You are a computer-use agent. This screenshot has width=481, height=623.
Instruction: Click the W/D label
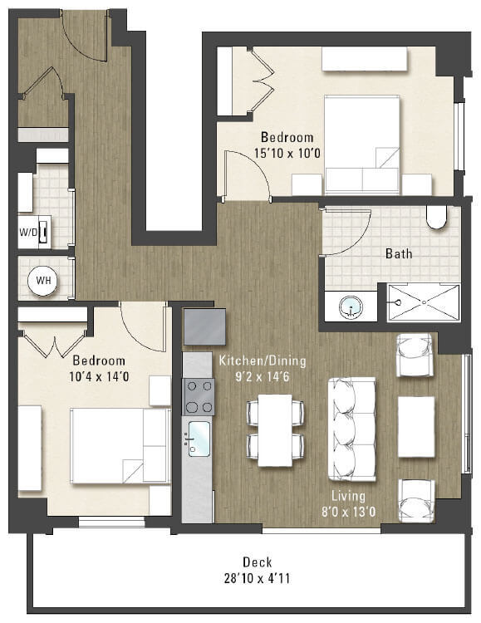click(28, 232)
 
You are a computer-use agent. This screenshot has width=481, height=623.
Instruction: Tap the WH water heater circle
click(42, 281)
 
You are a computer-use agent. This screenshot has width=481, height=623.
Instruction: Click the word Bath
click(399, 253)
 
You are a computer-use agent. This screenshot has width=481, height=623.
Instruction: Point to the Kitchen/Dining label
click(263, 361)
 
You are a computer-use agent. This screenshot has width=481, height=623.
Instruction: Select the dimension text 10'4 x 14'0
click(99, 375)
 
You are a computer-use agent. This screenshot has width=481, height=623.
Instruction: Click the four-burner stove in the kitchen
click(199, 396)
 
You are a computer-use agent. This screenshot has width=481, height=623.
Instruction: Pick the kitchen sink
click(199, 438)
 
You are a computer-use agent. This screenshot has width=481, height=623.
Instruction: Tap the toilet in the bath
click(436, 217)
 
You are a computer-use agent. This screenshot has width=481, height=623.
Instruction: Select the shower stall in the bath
click(419, 302)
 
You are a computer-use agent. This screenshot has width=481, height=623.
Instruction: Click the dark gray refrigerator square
click(204, 326)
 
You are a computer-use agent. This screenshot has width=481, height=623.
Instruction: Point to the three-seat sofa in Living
click(352, 429)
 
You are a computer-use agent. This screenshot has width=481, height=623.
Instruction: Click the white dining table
click(274, 429)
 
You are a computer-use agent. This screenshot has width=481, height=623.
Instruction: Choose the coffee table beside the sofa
click(415, 426)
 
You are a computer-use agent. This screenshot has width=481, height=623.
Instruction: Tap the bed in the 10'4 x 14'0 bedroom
click(108, 445)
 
